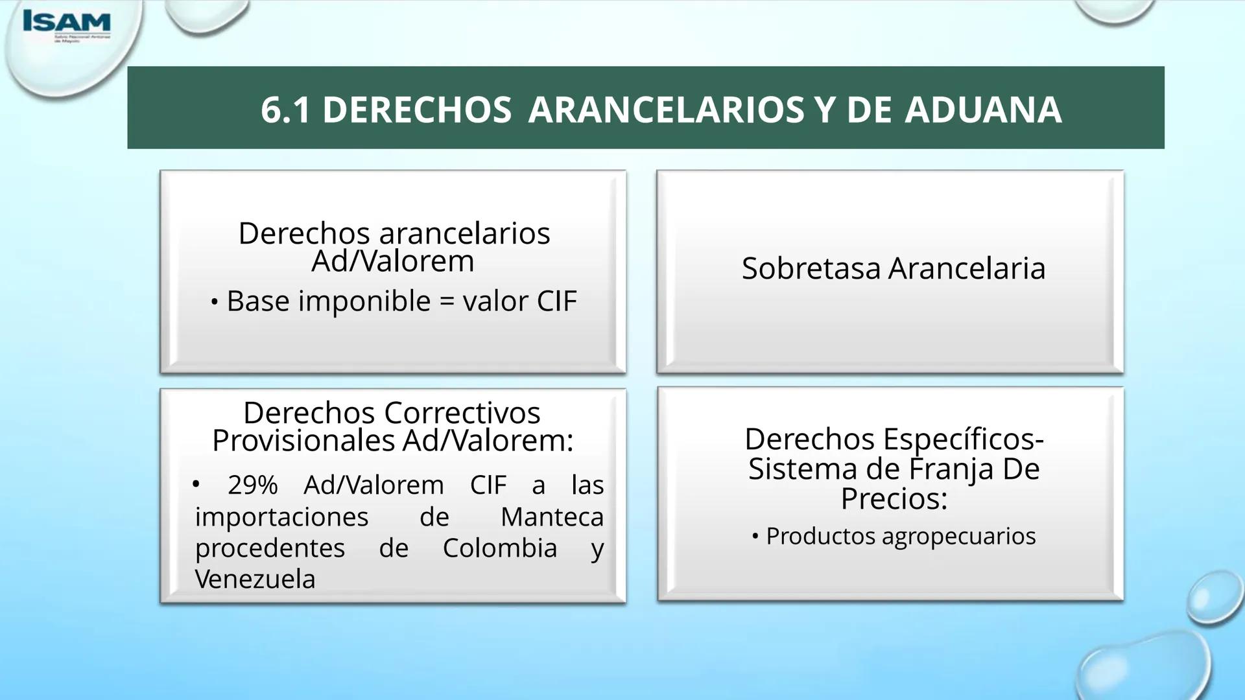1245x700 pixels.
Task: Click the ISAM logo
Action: (x=66, y=24)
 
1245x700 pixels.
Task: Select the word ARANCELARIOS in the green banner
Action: (x=666, y=110)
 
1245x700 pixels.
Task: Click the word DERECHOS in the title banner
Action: (x=417, y=110)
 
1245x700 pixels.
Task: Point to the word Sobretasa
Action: (x=811, y=268)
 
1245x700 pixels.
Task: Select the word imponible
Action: (x=364, y=301)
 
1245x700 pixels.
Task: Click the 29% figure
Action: (x=252, y=485)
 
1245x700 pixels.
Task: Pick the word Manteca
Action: (x=552, y=517)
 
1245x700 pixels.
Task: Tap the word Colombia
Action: (x=499, y=548)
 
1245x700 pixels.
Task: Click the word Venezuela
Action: (x=255, y=579)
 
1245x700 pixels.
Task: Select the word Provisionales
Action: (x=303, y=441)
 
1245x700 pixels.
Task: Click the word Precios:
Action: (x=894, y=498)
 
